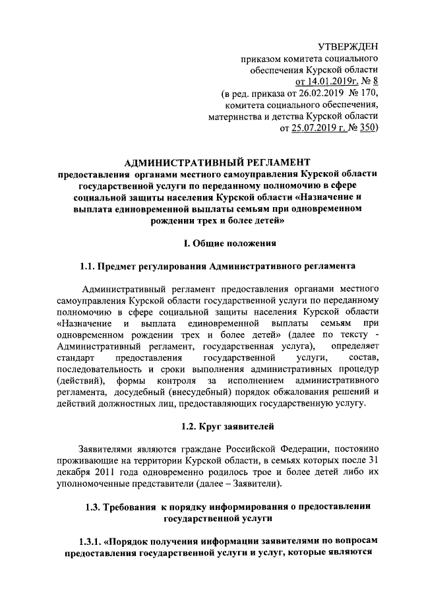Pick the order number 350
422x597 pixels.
tap(364, 128)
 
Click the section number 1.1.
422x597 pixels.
tap(88, 267)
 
